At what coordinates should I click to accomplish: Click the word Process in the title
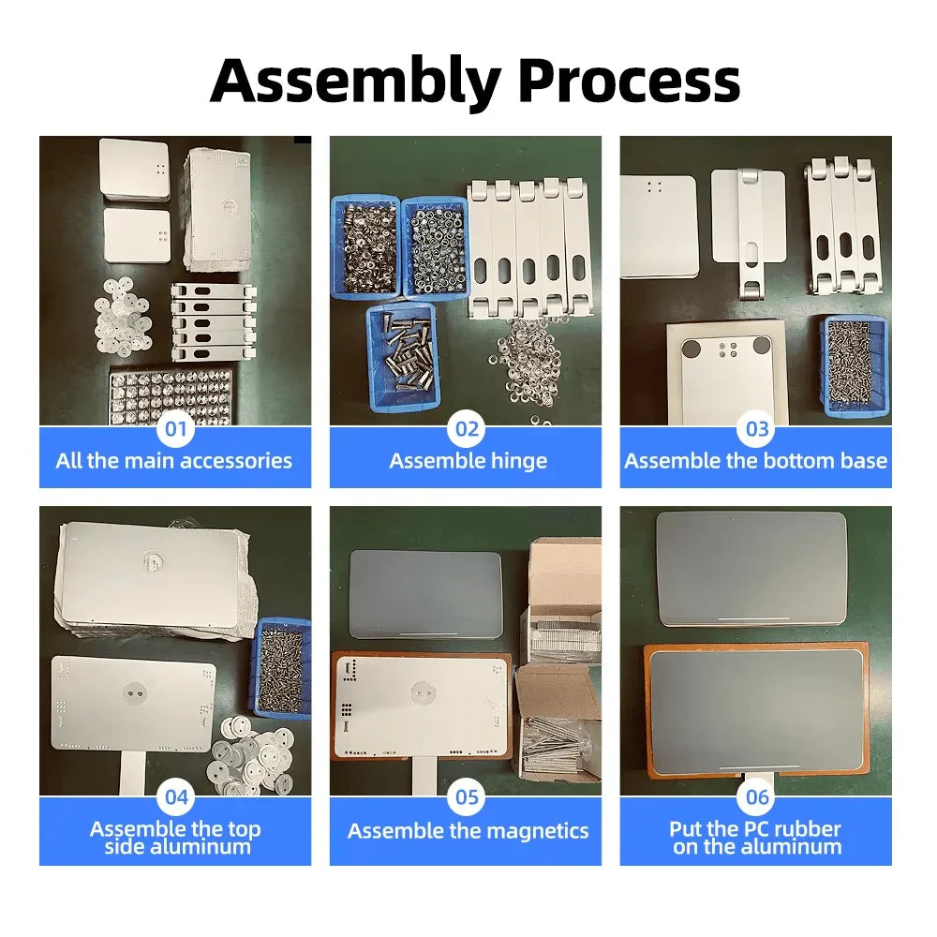tap(629, 82)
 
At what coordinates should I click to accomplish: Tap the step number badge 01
tap(175, 430)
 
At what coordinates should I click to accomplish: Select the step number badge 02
tap(467, 430)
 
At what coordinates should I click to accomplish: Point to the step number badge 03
tap(757, 430)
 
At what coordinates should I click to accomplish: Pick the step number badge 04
tap(175, 798)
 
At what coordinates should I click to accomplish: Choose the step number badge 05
tap(467, 798)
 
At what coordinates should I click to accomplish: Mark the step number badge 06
tap(757, 798)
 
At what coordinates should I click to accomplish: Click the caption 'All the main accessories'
tap(174, 461)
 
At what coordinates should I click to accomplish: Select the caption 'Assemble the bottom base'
tap(755, 461)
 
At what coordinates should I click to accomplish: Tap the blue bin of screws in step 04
tap(281, 665)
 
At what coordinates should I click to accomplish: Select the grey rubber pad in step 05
tap(426, 593)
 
